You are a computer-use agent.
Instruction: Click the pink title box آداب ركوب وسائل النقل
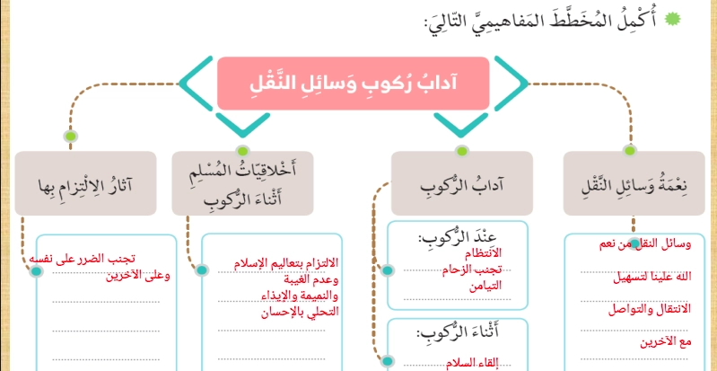(353, 84)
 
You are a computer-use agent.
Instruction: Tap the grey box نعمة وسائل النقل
(634, 183)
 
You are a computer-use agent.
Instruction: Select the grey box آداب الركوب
(462, 183)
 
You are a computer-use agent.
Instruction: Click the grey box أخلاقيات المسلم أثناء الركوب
(243, 183)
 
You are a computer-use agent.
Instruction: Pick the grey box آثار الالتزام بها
(85, 183)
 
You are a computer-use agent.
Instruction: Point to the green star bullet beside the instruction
(673, 19)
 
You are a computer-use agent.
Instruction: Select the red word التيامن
(485, 286)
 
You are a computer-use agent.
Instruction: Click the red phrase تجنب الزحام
(472, 269)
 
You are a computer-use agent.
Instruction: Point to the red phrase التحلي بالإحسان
(300, 313)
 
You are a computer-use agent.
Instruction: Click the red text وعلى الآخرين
(138, 276)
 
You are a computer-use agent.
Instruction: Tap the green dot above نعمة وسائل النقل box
(630, 150)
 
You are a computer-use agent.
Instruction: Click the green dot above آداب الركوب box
(462, 151)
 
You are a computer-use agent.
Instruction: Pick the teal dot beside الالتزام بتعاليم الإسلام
(202, 270)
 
